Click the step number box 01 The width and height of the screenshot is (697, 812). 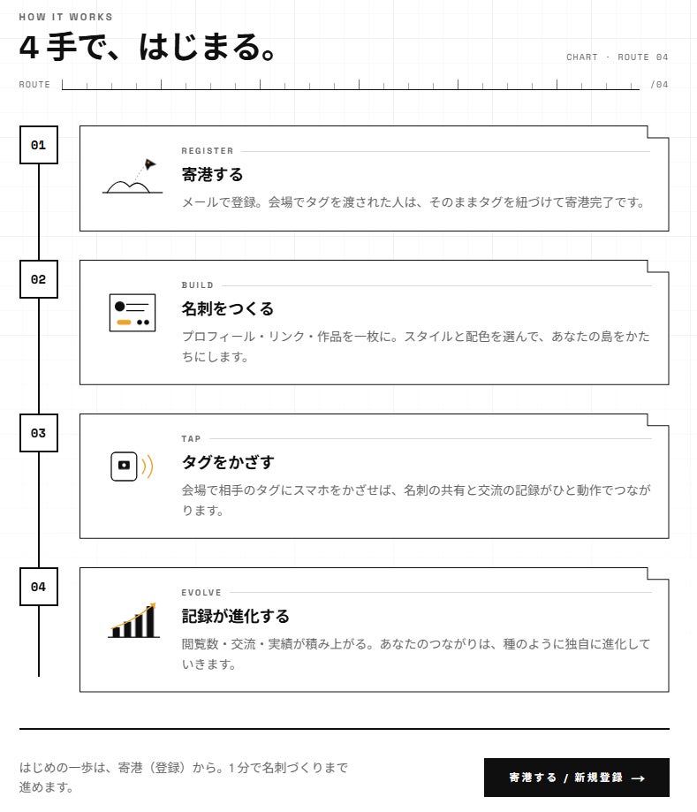point(38,145)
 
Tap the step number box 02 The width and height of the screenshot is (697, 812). point(38,279)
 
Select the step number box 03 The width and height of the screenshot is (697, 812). point(38,433)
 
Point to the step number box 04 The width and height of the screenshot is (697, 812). point(38,587)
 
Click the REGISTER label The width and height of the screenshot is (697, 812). point(207,151)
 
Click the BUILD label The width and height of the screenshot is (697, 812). point(197,285)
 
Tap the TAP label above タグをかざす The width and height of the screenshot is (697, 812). point(191,438)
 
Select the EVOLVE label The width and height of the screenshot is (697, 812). point(201,592)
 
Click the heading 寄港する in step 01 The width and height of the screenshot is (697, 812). point(212,175)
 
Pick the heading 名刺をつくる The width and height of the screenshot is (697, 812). point(227,308)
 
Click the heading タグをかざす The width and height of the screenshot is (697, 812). point(228,462)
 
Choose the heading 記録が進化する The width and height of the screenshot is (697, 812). point(236,616)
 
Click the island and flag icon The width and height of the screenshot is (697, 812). point(132,177)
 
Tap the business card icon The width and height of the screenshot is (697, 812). point(133,313)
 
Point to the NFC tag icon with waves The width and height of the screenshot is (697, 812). point(132,466)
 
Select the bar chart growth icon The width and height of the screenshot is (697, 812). point(133,620)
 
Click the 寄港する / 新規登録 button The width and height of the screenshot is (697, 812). point(576,778)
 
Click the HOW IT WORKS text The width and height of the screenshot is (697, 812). point(65,17)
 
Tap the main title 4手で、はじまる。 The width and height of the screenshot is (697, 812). point(148,47)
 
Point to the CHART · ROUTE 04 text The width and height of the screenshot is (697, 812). point(617,57)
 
